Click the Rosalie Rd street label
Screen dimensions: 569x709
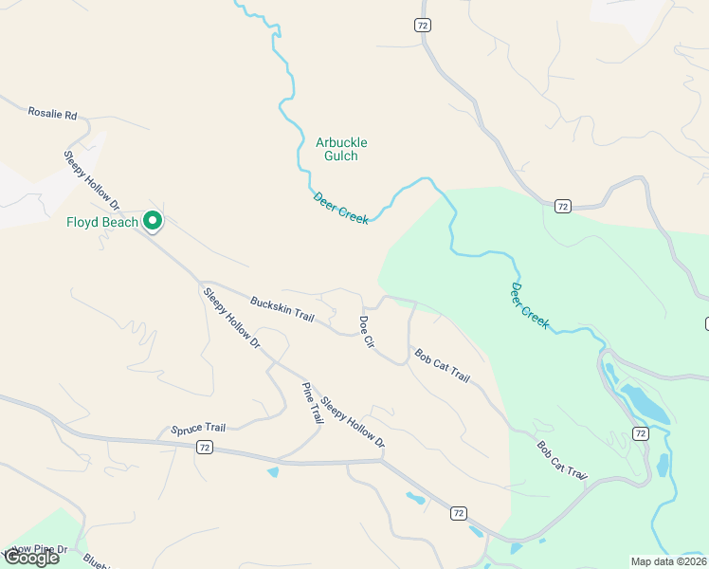pyautogui.click(x=52, y=114)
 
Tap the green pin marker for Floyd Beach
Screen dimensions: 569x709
pyautogui.click(x=153, y=222)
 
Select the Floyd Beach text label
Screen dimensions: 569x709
pyautogui.click(x=102, y=223)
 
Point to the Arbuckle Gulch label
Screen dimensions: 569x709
pyautogui.click(x=341, y=149)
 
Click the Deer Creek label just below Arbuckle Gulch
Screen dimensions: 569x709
pyautogui.click(x=340, y=206)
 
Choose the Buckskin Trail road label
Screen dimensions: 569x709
pyautogui.click(x=282, y=309)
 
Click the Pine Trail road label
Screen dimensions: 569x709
pyautogui.click(x=312, y=403)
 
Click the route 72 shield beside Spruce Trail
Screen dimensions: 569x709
pyautogui.click(x=205, y=447)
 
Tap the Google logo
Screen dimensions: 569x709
pyautogui.click(x=31, y=558)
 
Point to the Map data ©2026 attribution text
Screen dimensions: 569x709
pyautogui.click(x=669, y=561)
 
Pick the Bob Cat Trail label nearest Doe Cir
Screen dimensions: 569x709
pyautogui.click(x=442, y=365)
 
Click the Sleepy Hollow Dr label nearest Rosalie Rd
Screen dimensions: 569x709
pyautogui.click(x=92, y=179)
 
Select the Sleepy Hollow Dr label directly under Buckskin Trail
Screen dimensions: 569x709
pyautogui.click(x=231, y=318)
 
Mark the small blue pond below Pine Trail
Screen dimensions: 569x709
pyautogui.click(x=273, y=471)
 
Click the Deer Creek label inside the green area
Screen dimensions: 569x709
pyautogui.click(x=530, y=305)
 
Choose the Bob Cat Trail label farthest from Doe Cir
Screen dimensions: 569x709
pyautogui.click(x=562, y=461)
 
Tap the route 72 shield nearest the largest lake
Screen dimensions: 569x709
pyautogui.click(x=640, y=433)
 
